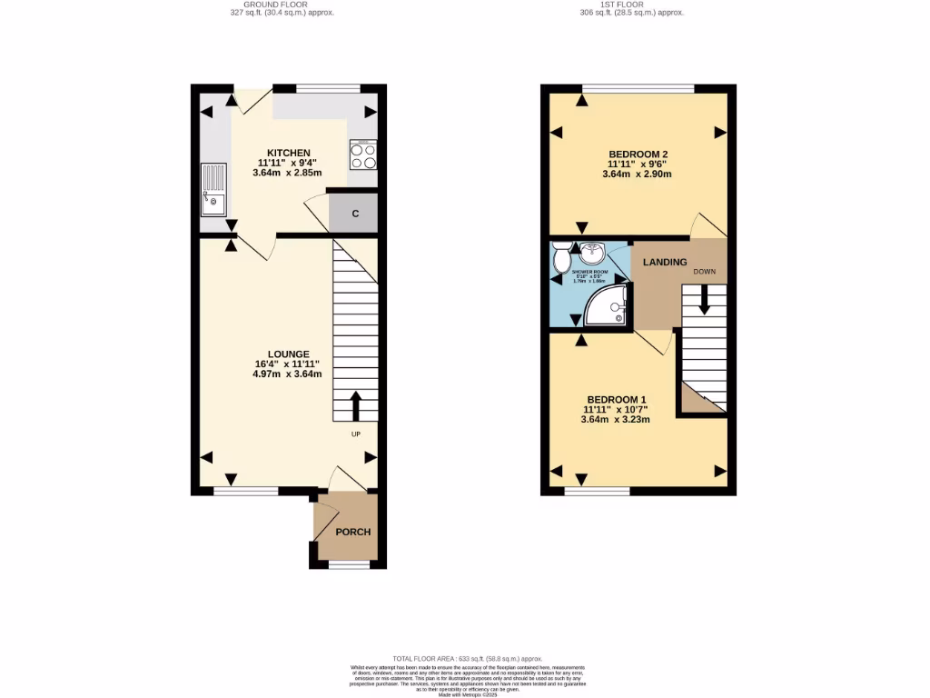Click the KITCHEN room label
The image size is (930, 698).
[289, 153]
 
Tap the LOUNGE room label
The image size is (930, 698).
[289, 354]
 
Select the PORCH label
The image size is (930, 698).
[353, 532]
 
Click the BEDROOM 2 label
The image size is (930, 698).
[639, 154]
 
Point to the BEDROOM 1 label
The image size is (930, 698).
[617, 399]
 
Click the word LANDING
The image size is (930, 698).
[665, 263]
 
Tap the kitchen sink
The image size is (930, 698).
[213, 189]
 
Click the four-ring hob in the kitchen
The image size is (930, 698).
[363, 155]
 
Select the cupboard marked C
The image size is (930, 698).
[355, 214]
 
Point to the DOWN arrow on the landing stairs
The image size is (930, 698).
[704, 301]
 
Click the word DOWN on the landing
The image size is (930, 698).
[704, 272]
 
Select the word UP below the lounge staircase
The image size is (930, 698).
[356, 434]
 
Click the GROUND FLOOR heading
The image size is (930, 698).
[276, 5]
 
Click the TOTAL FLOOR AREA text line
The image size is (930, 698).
[467, 658]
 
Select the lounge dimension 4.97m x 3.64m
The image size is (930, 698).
[289, 374]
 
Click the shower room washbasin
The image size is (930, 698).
[592, 252]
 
